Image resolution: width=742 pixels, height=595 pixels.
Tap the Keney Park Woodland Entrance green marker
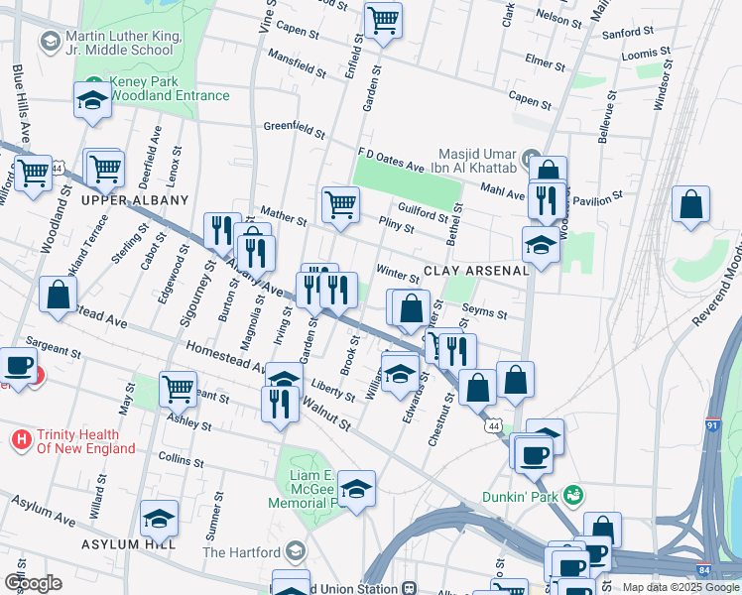[x=93, y=82]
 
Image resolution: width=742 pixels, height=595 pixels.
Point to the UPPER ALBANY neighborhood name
[x=134, y=200]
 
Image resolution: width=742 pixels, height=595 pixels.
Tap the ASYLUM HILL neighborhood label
[x=130, y=544]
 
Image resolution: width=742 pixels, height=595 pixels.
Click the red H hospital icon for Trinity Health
[x=19, y=437]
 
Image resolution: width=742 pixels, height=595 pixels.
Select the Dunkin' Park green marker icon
[x=570, y=493]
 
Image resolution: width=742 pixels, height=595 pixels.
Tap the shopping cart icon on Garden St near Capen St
[x=382, y=20]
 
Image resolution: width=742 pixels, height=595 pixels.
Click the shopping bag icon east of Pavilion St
[x=690, y=204]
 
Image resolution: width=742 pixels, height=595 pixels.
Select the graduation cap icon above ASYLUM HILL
[x=159, y=518]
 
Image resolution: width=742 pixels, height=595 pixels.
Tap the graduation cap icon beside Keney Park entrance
[x=92, y=99]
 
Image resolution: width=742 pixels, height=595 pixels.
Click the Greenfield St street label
[x=295, y=128]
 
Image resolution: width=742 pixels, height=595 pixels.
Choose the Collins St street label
[x=181, y=461]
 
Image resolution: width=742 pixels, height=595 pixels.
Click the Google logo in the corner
[x=33, y=583]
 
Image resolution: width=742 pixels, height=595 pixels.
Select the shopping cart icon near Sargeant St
[x=178, y=388]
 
